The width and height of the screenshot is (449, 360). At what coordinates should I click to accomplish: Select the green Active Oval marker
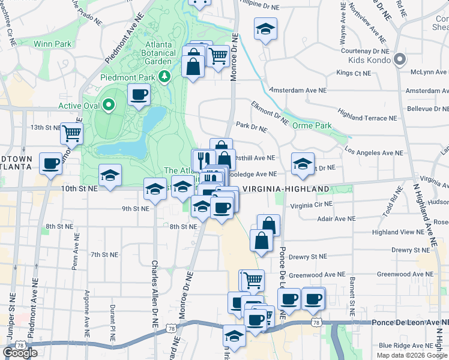(109, 106)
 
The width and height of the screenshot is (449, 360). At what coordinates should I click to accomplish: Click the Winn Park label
(53, 44)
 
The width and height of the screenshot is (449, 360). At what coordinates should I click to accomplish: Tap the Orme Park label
(312, 126)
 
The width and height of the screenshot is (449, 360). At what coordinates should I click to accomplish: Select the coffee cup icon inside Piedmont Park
(139, 95)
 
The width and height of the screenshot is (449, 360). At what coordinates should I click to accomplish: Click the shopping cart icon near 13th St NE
(71, 133)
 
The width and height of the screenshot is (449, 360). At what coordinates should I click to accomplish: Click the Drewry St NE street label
(307, 257)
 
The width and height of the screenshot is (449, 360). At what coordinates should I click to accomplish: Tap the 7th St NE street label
(103, 255)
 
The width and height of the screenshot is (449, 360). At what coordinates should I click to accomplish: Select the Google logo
(20, 353)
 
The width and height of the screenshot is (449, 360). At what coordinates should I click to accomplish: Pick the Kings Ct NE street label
(354, 73)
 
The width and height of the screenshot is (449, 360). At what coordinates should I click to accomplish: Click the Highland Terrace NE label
(368, 115)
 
